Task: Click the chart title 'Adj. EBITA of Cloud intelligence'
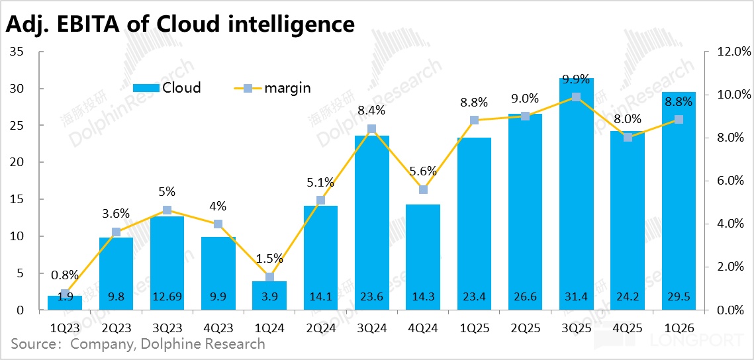click(179, 24)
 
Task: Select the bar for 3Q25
click(577, 199)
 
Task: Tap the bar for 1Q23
click(65, 302)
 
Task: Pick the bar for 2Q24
click(320, 258)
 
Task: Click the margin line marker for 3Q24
click(372, 129)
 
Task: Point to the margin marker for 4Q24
click(423, 189)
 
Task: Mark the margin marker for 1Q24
click(269, 277)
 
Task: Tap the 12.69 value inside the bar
click(167, 296)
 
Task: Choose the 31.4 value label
click(576, 296)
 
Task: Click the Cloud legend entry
click(167, 87)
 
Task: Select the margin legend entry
click(273, 87)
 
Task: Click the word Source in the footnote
click(33, 344)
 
